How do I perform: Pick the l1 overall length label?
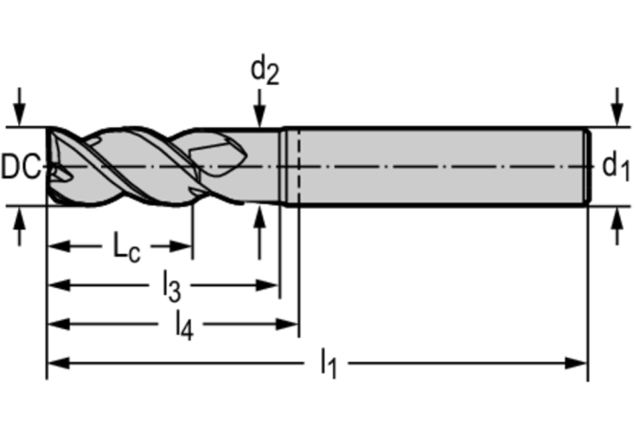(x=328, y=363)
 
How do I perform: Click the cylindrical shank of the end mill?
(x=439, y=166)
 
